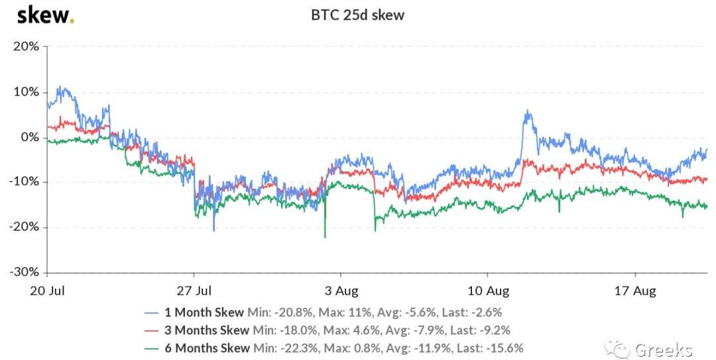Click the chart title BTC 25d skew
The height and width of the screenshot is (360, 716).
click(x=357, y=14)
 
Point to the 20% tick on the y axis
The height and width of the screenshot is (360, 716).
click(x=25, y=46)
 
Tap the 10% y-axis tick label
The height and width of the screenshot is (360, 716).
click(x=25, y=91)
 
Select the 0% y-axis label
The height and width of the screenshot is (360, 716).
click(x=29, y=137)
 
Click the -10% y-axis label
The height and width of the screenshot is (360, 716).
click(x=24, y=182)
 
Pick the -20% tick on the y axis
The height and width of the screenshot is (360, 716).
click(x=24, y=227)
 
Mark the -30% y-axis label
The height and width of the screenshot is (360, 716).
click(x=24, y=272)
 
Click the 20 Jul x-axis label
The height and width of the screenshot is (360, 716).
click(x=48, y=290)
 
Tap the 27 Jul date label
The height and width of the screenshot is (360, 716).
click(x=194, y=290)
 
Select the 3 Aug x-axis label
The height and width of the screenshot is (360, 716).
click(x=341, y=290)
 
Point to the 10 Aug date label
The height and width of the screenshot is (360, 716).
click(x=487, y=290)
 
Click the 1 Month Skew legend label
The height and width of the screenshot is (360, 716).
click(x=205, y=312)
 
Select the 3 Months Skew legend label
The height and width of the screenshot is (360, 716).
click(x=208, y=330)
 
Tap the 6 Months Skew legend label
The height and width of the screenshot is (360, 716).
click(x=208, y=347)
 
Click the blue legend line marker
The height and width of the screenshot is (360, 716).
click(x=151, y=312)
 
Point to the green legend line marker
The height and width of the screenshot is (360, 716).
click(x=151, y=347)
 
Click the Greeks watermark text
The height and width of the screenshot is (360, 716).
click(x=664, y=349)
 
